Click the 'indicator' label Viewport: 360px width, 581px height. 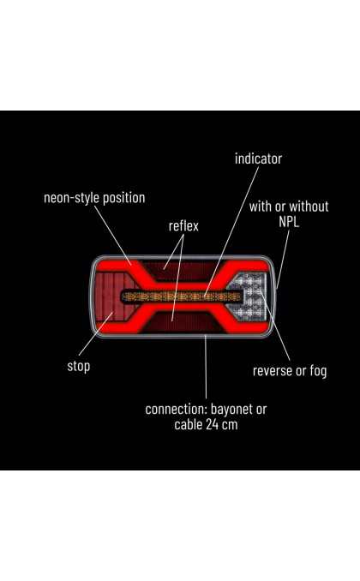tap(258, 159)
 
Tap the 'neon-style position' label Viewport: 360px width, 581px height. tap(94, 198)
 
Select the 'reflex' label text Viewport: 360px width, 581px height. tap(183, 225)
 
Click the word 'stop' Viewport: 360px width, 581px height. tap(79, 366)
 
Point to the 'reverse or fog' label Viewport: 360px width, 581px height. tap(290, 370)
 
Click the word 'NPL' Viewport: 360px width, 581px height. tap(289, 222)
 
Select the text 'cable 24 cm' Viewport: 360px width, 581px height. tap(206, 424)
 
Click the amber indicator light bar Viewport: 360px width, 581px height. tap(182, 296)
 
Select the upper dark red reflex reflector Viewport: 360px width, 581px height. tap(183, 271)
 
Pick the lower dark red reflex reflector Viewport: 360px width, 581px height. tap(182, 321)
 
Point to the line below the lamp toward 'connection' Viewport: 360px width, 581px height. tap(206, 367)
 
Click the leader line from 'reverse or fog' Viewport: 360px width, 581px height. tap(275, 326)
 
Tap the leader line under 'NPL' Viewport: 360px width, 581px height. tap(283, 259)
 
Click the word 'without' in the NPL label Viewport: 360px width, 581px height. tap(310, 207)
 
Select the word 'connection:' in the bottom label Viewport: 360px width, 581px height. tap(176, 410)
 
